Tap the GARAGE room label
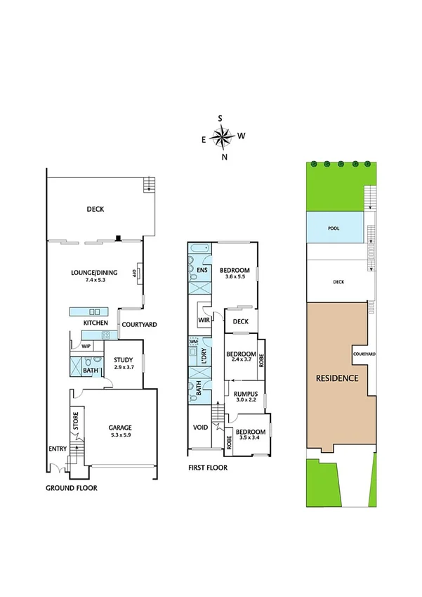coord(119,427)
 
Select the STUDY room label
coord(124,360)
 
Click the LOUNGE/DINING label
coord(93,272)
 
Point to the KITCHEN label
coord(95,323)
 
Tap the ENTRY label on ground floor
coord(56,449)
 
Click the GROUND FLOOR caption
coord(72,488)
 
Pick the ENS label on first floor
coord(202,270)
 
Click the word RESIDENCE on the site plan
coord(337,378)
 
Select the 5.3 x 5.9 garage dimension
coord(119,435)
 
